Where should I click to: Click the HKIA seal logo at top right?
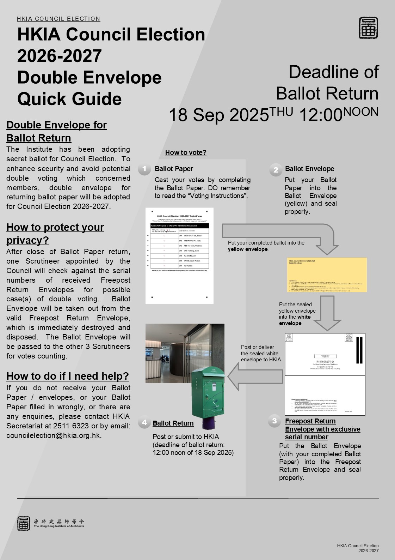pyautogui.click(x=368, y=28)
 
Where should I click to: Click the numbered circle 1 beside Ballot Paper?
pyautogui.click(x=144, y=169)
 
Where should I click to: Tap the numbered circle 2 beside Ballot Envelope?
pyautogui.click(x=276, y=170)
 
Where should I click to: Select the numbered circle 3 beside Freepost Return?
pyautogui.click(x=274, y=421)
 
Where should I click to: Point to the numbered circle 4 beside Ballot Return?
pyautogui.click(x=144, y=422)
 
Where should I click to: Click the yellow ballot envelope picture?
pyautogui.click(x=327, y=275)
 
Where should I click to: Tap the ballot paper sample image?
pyautogui.click(x=179, y=255)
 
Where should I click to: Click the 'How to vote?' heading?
pyautogui.click(x=186, y=152)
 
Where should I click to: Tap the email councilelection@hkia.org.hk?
pyautogui.click(x=54, y=435)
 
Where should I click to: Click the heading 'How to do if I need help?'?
pyautogui.click(x=68, y=376)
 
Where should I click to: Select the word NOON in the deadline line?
pyautogui.click(x=361, y=112)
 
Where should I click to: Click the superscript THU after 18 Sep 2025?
pyautogui.click(x=281, y=112)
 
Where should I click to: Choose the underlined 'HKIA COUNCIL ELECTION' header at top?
pyautogui.click(x=58, y=19)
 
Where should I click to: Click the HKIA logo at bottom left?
pyautogui.click(x=24, y=523)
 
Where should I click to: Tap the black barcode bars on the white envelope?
pyautogui.click(x=359, y=350)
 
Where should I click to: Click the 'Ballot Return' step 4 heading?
pyautogui.click(x=173, y=423)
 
